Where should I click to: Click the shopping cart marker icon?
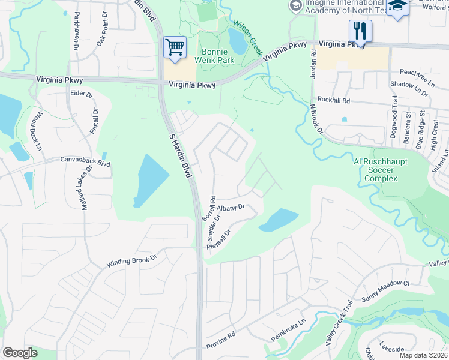tap(175, 47)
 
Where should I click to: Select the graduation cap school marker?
tap(397, 7)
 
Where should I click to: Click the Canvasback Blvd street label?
tap(85, 161)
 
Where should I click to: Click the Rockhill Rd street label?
tap(334, 101)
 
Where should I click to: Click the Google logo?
tap(20, 353)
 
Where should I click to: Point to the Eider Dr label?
tap(82, 94)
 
